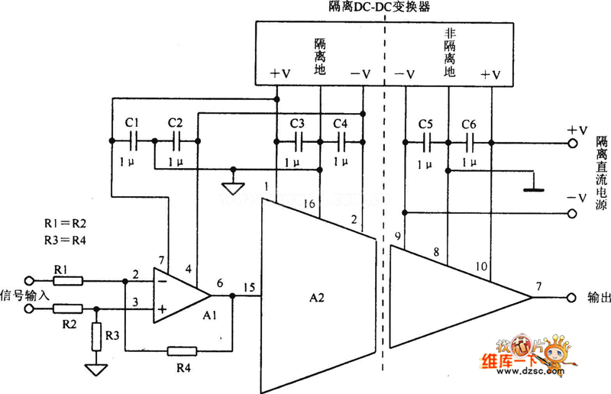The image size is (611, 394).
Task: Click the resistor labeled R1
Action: pos(68,280)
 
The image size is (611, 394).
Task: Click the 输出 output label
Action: pos(598,297)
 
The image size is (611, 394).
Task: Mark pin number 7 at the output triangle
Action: pos(538,286)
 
